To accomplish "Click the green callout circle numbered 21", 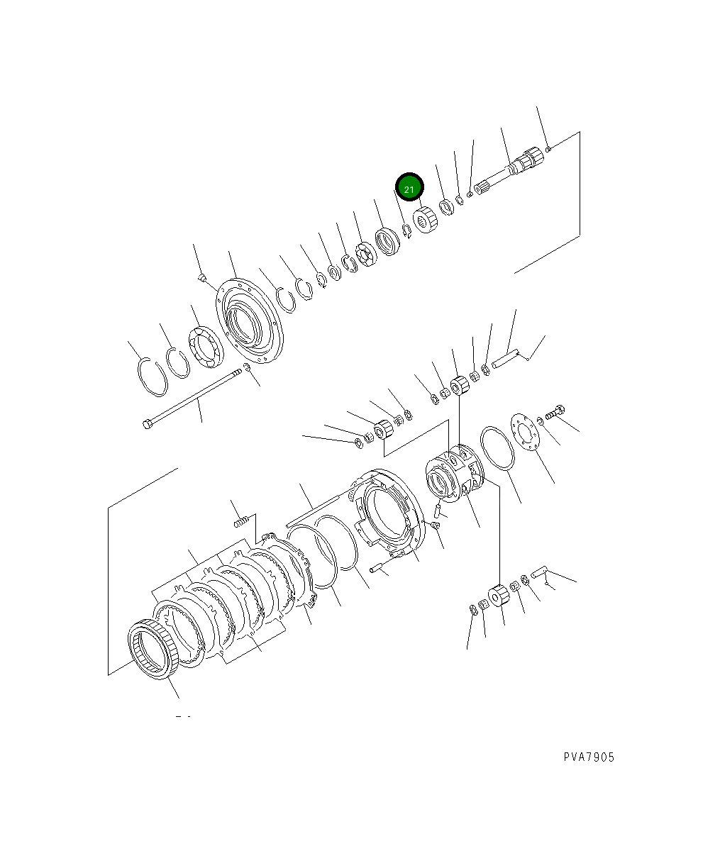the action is tap(409, 187).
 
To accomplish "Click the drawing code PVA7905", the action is tap(589, 757).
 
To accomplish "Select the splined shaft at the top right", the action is tap(509, 171).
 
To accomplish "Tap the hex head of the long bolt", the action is tap(146, 425).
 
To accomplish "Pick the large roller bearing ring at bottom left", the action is tap(153, 649).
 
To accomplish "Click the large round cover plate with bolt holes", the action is tap(250, 320).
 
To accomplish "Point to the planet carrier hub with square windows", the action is tap(455, 474).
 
